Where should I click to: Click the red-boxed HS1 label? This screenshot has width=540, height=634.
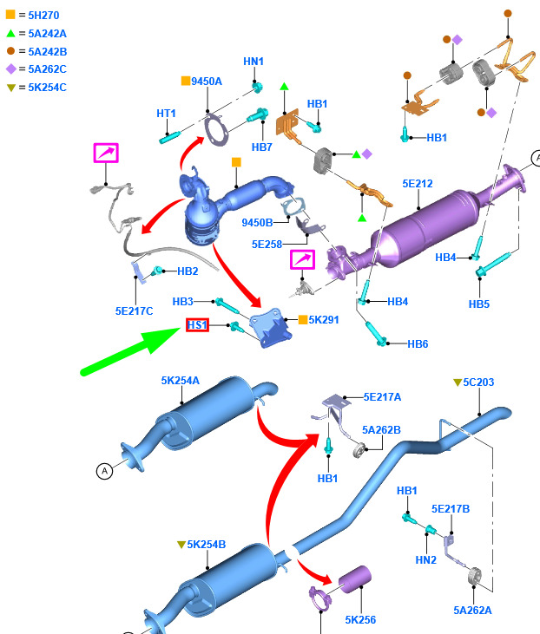coord(198,324)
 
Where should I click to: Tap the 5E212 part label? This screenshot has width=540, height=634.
coord(418,184)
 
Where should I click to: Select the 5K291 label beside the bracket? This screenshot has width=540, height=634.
coord(324,320)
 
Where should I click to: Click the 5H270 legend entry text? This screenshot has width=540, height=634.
coord(43,16)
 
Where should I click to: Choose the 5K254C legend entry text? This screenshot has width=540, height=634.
coord(48,88)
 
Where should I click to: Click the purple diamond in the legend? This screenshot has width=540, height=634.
coord(11,69)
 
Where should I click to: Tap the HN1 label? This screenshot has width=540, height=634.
coord(254,62)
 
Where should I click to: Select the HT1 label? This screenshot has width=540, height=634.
coord(166,114)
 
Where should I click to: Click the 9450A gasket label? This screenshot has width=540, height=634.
coord(207,82)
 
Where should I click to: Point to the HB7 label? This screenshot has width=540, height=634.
coord(262,147)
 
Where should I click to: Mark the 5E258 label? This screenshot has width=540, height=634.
coord(267,245)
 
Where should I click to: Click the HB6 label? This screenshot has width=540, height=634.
coord(418,344)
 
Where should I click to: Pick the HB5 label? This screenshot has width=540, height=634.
coord(479,304)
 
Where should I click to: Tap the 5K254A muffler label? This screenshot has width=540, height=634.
coord(180,381)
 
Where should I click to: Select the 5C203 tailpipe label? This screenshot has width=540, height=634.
coord(478,382)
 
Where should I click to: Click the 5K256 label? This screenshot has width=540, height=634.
coord(360,620)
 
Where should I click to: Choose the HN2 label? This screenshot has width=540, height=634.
coord(426,560)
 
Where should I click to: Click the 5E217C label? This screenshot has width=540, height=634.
coord(134,311)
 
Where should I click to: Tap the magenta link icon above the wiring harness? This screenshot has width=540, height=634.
coord(106,153)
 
